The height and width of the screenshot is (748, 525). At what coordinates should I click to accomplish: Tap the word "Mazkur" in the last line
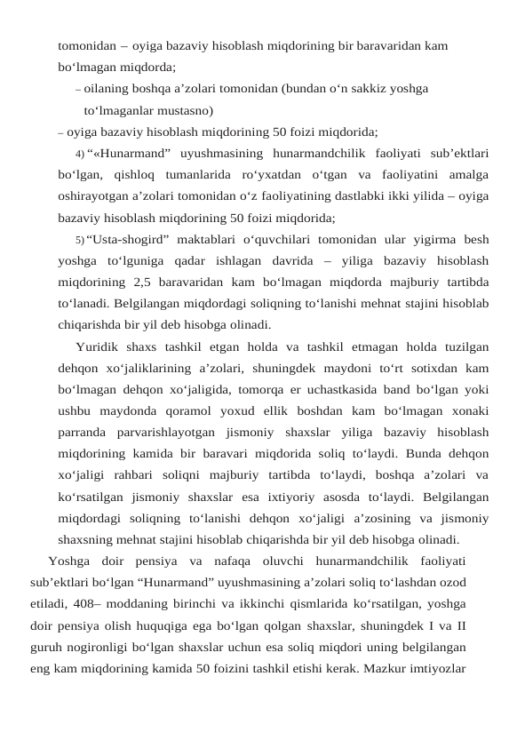385,667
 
